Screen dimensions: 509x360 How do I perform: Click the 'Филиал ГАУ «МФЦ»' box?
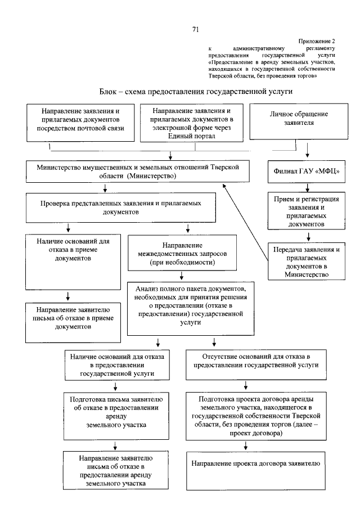(307, 171)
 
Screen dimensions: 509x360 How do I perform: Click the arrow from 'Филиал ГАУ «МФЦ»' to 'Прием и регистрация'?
(308, 187)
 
